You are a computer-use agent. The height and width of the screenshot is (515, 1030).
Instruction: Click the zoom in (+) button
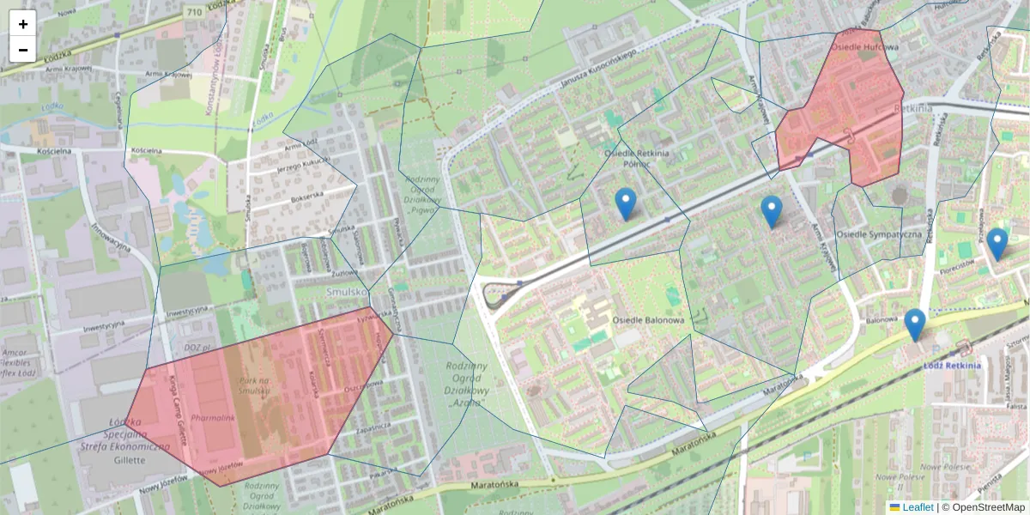coord(23,24)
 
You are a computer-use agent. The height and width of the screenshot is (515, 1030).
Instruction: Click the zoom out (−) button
coord(23,49)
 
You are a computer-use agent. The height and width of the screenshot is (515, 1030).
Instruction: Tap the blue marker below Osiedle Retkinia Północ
coord(626,204)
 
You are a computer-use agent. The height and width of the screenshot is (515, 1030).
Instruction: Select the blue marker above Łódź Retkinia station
coord(915,324)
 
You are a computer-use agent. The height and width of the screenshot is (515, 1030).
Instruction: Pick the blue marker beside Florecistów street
coord(997,244)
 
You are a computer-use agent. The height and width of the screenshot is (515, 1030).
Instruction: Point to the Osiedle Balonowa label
coord(648,320)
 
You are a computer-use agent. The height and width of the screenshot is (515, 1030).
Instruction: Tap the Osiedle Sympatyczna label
coord(879,233)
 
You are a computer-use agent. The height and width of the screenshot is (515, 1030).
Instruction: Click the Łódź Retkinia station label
coord(952,365)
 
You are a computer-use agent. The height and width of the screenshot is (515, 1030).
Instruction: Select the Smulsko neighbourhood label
coord(347,292)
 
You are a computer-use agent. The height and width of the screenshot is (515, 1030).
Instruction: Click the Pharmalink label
coord(213,418)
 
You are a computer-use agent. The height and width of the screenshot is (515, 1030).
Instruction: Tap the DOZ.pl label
coord(197,347)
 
